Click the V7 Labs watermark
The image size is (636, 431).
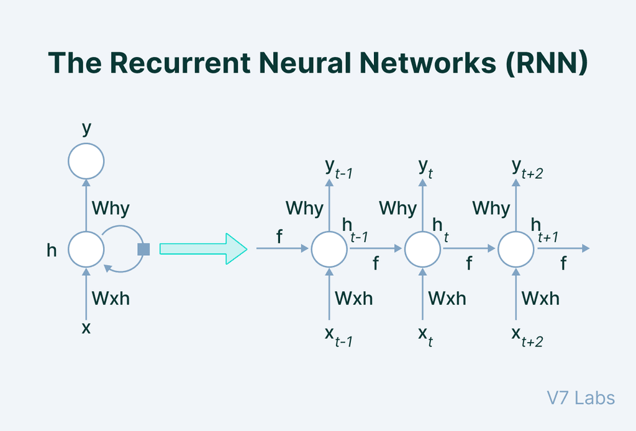coord(581,397)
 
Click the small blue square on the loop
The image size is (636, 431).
coord(143,249)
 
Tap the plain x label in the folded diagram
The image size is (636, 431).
coord(86,327)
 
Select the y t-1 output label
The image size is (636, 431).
coord(338,169)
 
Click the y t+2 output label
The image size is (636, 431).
coord(526,169)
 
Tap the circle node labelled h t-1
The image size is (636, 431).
coord(329,249)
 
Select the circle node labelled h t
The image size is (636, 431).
coord(423,249)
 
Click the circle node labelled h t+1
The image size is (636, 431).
coord(516,249)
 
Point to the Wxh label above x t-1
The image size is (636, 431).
coord(354,298)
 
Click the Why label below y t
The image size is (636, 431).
coord(397,208)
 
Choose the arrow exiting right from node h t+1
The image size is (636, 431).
coord(562,249)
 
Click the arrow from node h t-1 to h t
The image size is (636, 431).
coord(376,249)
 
